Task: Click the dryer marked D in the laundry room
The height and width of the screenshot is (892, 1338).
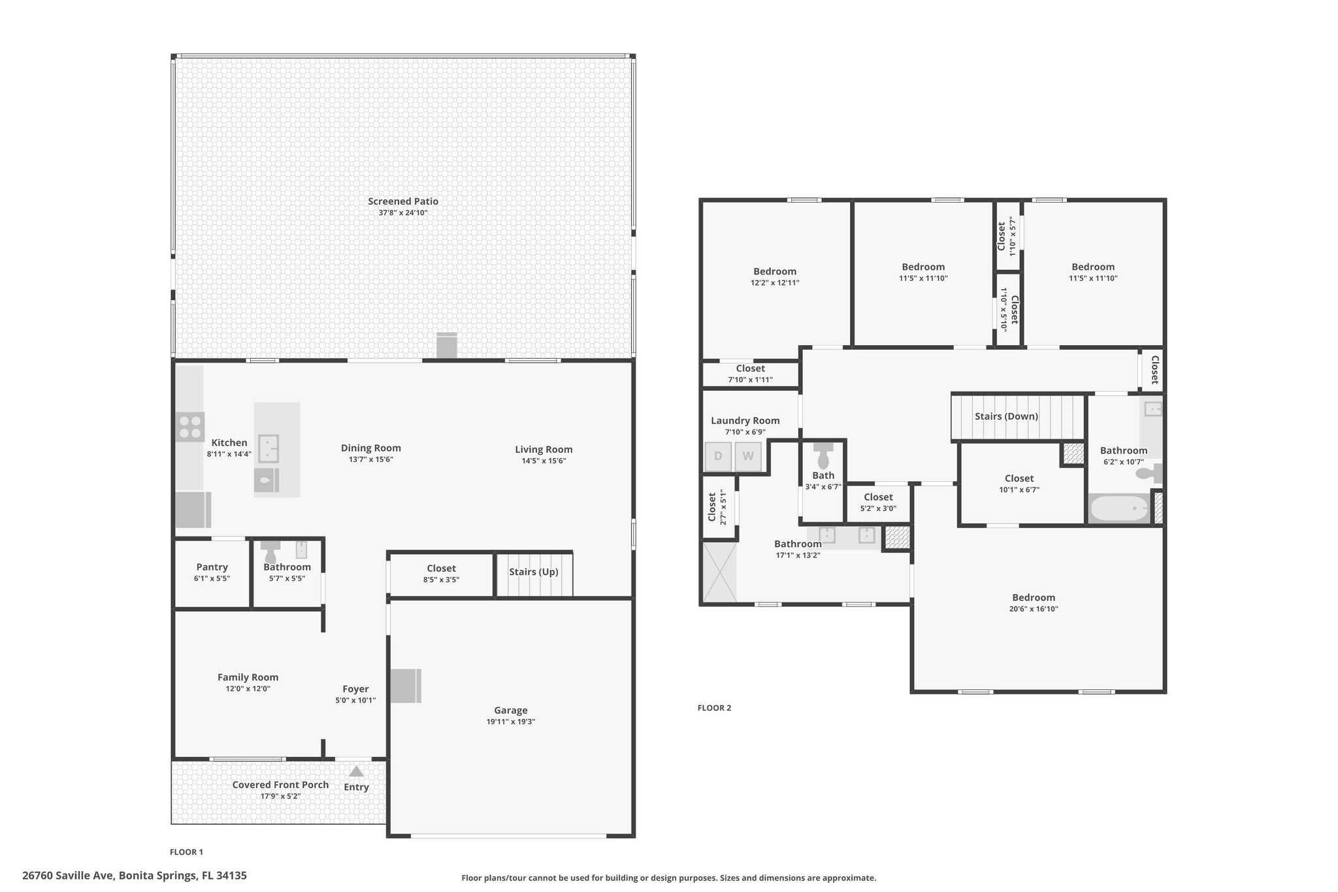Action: coord(718,457)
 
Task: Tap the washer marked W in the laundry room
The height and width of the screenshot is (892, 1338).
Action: coord(748,457)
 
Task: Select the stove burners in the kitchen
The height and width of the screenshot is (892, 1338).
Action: coord(190,427)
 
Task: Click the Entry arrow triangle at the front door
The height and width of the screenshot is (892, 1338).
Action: coord(356,771)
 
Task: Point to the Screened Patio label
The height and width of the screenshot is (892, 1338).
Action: coord(403,201)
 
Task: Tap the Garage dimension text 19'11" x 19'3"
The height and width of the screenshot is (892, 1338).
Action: coord(511,721)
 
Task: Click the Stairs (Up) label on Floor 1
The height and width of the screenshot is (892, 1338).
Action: coord(534,572)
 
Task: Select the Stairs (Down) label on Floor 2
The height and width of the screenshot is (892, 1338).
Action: coord(1006,416)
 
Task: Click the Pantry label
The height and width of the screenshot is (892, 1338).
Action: coord(212,567)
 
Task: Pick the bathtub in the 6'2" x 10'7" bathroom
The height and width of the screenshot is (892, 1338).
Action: coord(1120,508)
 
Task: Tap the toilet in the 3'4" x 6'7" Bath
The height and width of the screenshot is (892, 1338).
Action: coord(823,455)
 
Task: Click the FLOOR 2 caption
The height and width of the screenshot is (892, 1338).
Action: coord(715,708)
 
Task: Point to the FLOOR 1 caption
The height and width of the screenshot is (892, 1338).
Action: coord(186,852)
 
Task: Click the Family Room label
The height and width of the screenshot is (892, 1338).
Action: coord(248,678)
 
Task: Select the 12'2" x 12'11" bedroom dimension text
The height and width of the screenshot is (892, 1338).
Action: coord(775,283)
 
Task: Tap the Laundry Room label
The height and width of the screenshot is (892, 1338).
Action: coord(745,421)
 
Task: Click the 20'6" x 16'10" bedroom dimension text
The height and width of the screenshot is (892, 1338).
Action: coord(1034,609)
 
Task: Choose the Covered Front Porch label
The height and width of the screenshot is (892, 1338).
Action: coord(281,785)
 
